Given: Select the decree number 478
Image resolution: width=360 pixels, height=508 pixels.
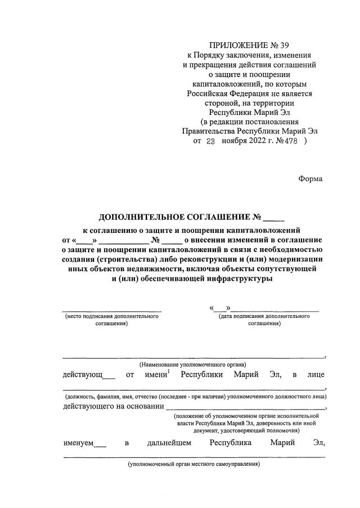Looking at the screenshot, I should (x=292, y=142).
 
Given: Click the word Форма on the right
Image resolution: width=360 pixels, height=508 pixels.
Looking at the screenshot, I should (x=310, y=179).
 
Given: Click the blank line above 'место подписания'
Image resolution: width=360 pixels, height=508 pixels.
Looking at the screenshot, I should (x=111, y=310).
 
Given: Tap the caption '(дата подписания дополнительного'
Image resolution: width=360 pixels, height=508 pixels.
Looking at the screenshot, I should (x=264, y=317).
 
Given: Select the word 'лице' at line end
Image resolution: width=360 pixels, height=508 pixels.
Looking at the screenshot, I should (x=316, y=375).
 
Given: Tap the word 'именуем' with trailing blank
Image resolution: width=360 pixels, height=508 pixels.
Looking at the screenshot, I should (x=79, y=443).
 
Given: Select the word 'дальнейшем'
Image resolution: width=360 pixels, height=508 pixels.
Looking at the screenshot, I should (x=169, y=443).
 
